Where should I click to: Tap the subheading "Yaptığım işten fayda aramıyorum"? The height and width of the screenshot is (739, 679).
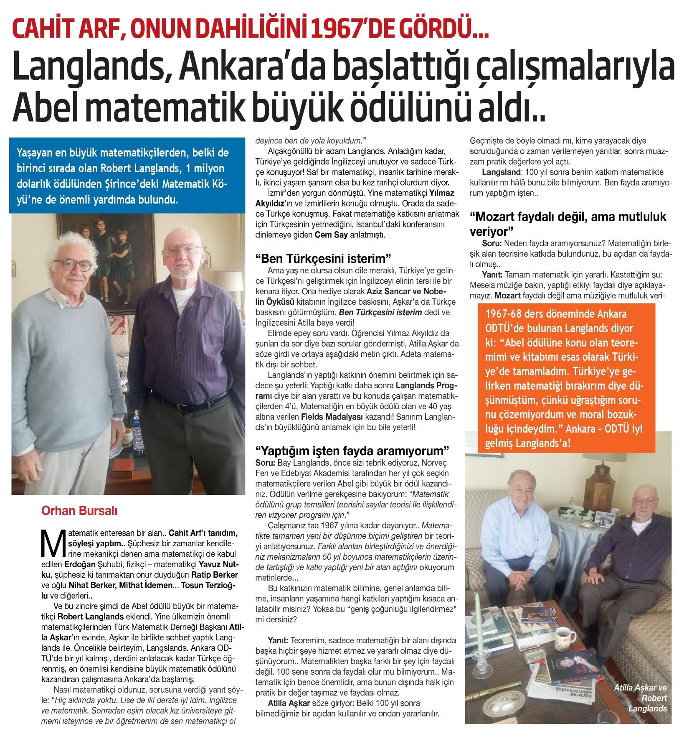click(x=352, y=451)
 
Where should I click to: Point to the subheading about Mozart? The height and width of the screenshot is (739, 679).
click(x=568, y=223)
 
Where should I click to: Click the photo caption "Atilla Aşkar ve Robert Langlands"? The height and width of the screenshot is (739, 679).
click(x=641, y=698)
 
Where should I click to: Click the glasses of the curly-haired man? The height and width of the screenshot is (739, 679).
click(x=73, y=265)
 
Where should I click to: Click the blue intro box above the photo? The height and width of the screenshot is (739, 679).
click(x=127, y=176)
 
